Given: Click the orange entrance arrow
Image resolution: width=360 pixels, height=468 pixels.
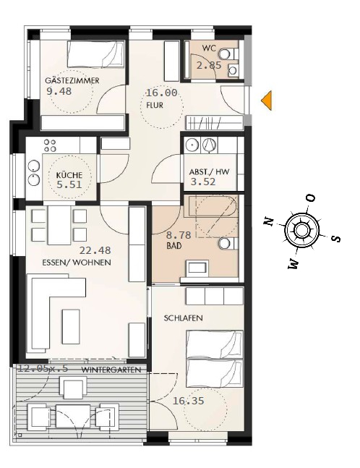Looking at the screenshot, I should point(267,100).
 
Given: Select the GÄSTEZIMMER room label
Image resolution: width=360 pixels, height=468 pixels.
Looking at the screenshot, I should point(72,81).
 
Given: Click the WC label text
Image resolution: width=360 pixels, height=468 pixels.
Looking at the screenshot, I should point(209,48).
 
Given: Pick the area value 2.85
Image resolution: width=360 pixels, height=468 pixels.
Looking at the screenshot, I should point(209,65).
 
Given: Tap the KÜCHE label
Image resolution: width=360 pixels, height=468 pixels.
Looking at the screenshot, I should point(69,175).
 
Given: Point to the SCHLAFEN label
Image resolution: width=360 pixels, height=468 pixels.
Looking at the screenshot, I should point(182,318).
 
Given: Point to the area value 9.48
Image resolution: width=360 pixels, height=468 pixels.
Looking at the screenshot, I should point(59,91).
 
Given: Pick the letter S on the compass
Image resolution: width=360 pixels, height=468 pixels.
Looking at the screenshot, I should point(335,238).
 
